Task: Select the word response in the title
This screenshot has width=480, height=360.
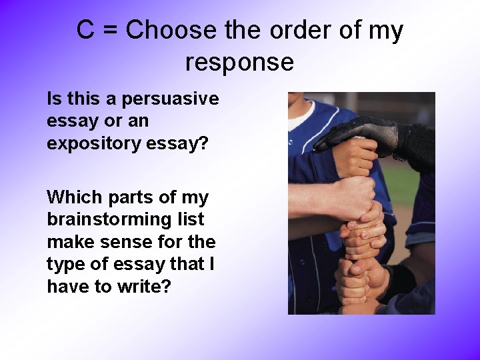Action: [x=239, y=62]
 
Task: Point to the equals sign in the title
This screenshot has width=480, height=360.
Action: [x=110, y=31]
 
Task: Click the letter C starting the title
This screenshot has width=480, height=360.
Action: [x=85, y=31]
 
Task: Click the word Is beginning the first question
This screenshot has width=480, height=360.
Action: [x=53, y=99]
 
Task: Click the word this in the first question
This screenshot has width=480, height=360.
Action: [x=81, y=99]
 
